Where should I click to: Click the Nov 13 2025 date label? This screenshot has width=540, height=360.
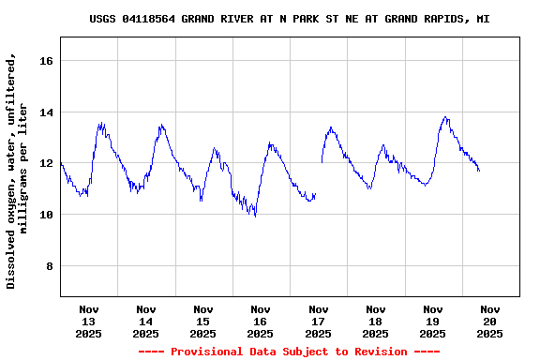coord(89,321)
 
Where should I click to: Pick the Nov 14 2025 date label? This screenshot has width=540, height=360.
coord(146,321)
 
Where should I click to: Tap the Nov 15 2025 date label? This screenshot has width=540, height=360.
coord(203,321)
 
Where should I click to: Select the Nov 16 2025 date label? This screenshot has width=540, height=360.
coord(261,321)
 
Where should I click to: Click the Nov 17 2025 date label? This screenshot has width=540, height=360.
coord(319,321)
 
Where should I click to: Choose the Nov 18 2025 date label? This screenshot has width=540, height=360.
coord(376,321)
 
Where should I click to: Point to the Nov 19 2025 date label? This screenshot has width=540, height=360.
coord(433,321)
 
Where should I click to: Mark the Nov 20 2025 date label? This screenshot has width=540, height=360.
coord(490,321)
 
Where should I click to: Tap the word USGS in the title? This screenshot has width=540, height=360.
coord(103,19)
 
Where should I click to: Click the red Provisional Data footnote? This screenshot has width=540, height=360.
coord(289,352)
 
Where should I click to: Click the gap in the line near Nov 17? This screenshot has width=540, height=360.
coord(319,178)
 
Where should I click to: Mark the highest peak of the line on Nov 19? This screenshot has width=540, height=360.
coord(446,117)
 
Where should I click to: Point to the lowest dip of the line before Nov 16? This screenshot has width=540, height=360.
coord(255,216)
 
